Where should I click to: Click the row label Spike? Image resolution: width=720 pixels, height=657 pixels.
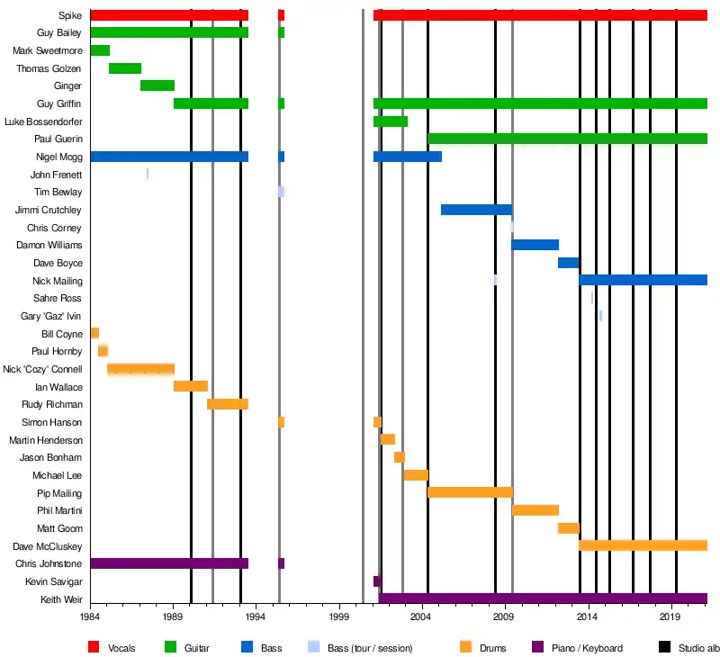70,15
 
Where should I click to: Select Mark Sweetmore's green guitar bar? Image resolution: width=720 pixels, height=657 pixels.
100,50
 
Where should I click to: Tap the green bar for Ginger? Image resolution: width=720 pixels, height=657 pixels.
157,85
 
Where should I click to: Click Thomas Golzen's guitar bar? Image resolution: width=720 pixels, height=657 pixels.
125,68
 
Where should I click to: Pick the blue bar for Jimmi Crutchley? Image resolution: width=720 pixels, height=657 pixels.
476,210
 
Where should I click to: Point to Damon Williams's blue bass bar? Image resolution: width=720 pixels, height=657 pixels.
535,245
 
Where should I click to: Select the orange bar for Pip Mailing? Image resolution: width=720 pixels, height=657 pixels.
470,492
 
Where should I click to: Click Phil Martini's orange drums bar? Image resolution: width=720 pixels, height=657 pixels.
535,510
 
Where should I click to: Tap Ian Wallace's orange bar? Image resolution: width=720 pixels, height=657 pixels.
191,386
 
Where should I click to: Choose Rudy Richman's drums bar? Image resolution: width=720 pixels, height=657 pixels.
228,404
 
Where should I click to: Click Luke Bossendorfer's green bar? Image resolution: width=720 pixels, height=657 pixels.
391,121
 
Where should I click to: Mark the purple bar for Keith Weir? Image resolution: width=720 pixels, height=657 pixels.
543,598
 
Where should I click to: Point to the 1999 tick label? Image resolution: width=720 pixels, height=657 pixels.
338,618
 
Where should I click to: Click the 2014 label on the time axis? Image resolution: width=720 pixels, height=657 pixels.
587,618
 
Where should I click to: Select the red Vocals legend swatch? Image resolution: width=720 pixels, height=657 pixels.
94,647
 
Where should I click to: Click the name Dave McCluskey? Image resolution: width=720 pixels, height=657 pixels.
48,546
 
